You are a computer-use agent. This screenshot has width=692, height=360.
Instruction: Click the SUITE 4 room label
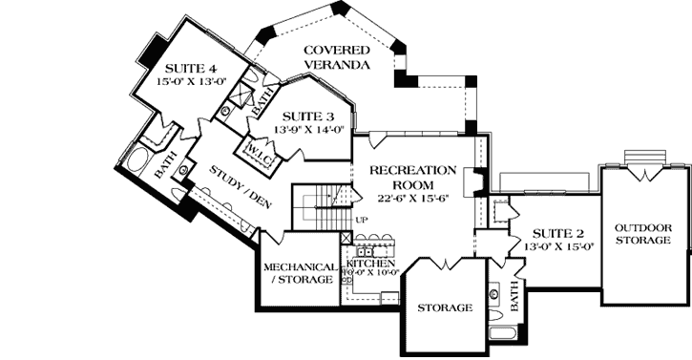pos(190,69)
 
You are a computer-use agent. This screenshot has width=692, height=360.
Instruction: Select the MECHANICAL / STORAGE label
pos(299,273)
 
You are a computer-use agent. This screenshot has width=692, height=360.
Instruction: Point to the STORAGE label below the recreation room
pos(445,307)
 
